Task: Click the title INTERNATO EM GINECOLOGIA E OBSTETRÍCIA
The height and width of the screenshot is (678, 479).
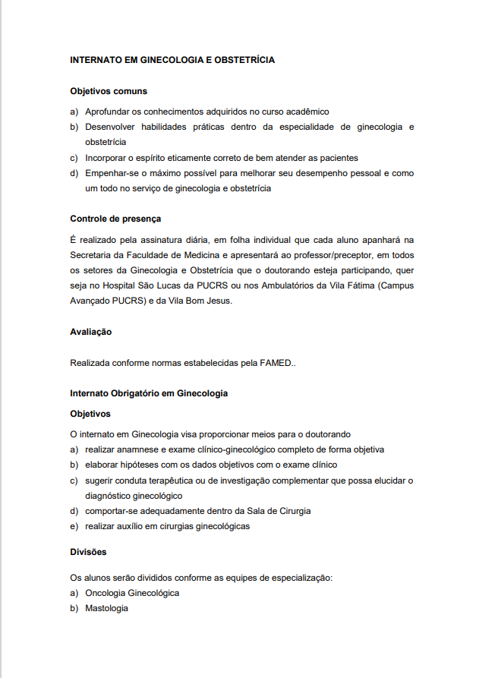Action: [172, 59]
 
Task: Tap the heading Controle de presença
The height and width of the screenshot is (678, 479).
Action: [115, 219]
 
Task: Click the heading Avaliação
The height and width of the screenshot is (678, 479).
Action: [91, 332]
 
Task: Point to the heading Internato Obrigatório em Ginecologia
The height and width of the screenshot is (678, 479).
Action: [149, 393]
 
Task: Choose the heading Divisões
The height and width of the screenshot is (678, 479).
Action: [89, 551]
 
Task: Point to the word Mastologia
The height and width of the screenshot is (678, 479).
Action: [107, 608]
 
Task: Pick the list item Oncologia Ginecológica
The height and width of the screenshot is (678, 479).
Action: [132, 593]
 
